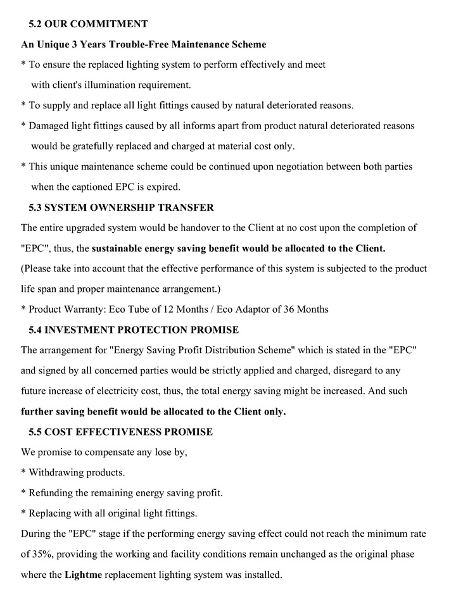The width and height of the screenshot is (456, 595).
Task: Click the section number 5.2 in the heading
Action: [36, 24]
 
